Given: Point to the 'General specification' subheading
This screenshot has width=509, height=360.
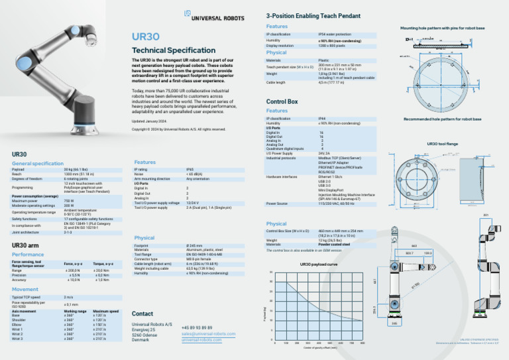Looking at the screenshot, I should (38, 163).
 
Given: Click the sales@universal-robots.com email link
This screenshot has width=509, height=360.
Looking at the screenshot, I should (208, 334).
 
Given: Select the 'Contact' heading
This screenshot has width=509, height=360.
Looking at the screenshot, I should (142, 313).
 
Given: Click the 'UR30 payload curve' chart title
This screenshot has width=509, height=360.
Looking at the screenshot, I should (319, 264).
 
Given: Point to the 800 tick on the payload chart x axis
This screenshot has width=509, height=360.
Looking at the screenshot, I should (363, 343).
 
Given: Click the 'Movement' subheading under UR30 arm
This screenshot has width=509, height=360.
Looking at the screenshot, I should (25, 289).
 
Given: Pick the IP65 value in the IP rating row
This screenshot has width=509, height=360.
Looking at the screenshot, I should (190, 170).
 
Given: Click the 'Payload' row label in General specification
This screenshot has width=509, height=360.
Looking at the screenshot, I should (18, 170).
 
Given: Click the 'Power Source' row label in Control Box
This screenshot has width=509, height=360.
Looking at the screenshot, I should (276, 204).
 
